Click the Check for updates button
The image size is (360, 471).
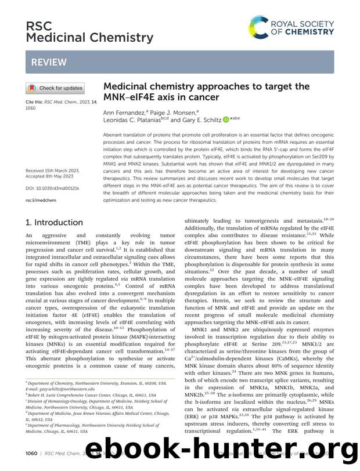pyautogui.click(x=55, y=89)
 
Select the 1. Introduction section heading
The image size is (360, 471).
pyautogui.click(x=55, y=222)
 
